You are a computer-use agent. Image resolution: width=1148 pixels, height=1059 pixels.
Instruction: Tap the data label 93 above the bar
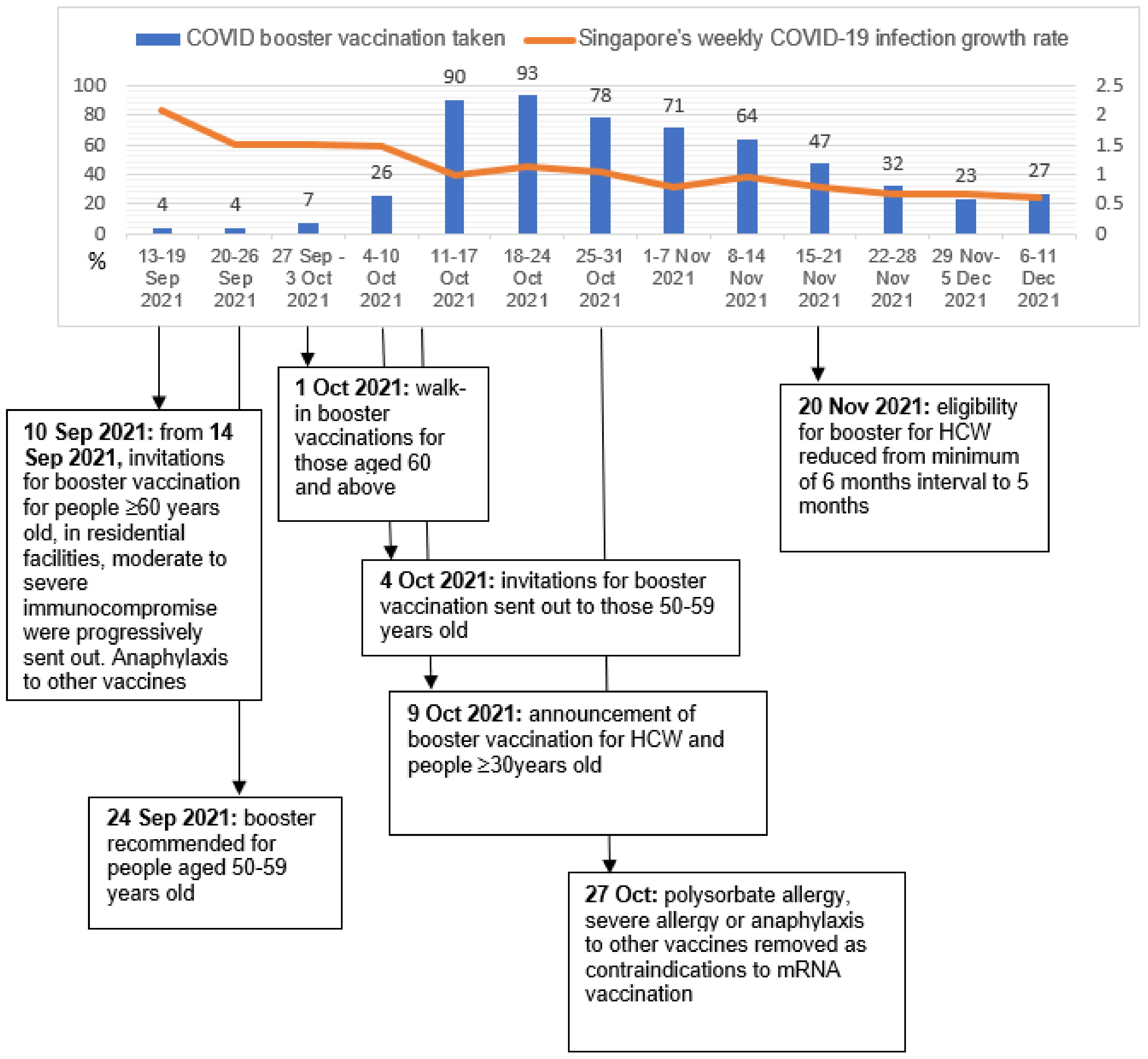coord(527,73)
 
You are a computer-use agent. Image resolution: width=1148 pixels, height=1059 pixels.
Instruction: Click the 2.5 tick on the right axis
coord(1108,85)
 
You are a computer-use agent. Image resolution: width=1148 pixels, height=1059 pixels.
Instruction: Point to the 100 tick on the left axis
coord(89,85)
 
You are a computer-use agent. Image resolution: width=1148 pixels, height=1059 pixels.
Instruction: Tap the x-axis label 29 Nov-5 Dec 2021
coord(966,278)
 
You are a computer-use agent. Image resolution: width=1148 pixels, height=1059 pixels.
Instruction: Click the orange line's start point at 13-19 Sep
coord(162,110)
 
